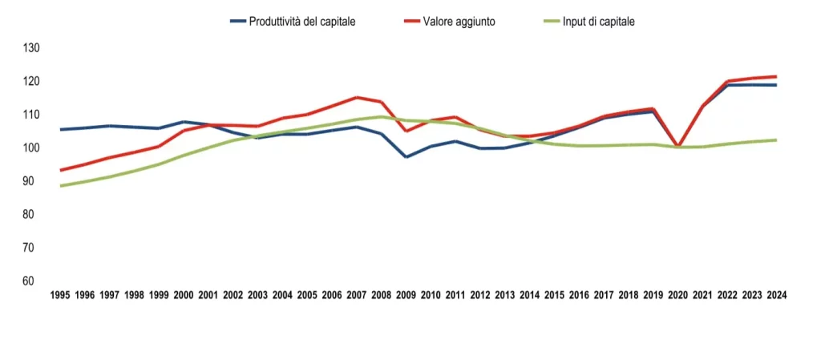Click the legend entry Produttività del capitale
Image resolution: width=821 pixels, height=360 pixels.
pos(302,22)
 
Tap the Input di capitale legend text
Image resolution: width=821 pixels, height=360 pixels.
pos(598,22)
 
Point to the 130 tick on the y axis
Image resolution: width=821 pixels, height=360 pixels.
pos(31,48)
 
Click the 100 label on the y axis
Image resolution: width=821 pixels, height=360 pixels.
pos(31,148)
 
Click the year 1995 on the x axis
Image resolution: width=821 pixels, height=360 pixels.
pos(60,295)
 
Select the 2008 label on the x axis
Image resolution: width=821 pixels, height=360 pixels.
pos(381,295)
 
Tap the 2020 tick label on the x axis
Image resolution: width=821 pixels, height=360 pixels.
pos(677,295)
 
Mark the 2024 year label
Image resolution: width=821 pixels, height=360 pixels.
pos(776,295)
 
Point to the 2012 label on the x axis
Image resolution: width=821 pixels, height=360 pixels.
pos(479,295)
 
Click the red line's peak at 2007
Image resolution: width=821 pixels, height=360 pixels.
pos(356,98)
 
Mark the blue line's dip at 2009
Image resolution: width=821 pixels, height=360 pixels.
pos(406,157)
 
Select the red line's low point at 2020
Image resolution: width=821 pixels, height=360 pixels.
pos(677,147)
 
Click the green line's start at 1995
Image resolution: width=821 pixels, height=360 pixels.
pos(61,186)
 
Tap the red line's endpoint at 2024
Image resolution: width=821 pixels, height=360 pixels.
pos(775,77)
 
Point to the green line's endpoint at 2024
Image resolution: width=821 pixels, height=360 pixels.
pos(775,140)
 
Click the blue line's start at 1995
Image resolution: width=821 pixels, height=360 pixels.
pos(61,129)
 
